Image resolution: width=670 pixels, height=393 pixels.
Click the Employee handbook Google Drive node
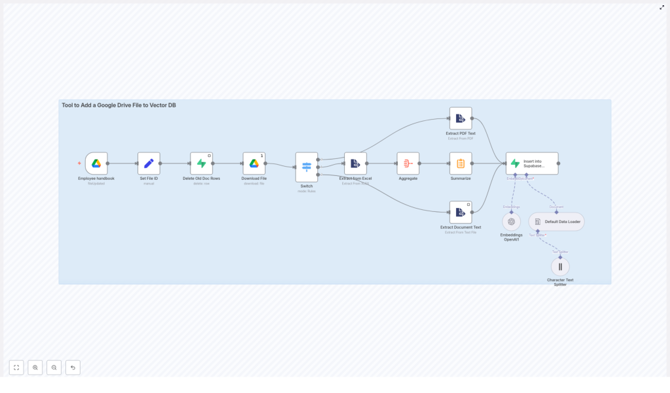[96, 163]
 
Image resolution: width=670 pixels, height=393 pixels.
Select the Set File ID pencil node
[149, 163]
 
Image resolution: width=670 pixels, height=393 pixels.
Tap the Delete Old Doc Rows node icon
[202, 163]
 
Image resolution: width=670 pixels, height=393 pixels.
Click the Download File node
[254, 163]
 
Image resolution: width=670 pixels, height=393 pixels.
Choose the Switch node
[306, 167]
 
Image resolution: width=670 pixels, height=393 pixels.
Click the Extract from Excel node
[355, 163]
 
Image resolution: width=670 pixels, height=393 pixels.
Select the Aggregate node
[408, 163]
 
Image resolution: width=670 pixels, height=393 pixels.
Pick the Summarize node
[461, 163]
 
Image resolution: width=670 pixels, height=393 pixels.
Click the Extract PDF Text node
[461, 118]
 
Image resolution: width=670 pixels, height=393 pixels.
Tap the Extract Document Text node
[461, 212]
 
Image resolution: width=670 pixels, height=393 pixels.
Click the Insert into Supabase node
[532, 163]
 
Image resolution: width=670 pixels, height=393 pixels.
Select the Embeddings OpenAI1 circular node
[512, 221]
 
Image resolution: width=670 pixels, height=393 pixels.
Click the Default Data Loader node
[556, 222]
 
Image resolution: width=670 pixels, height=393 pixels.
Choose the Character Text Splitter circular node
[560, 267]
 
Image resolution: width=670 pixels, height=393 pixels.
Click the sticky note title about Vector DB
[118, 105]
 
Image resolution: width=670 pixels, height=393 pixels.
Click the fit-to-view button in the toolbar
[16, 367]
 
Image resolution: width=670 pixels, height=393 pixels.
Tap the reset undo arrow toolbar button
[73, 367]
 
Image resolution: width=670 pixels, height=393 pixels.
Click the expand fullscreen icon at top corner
[661, 7]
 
